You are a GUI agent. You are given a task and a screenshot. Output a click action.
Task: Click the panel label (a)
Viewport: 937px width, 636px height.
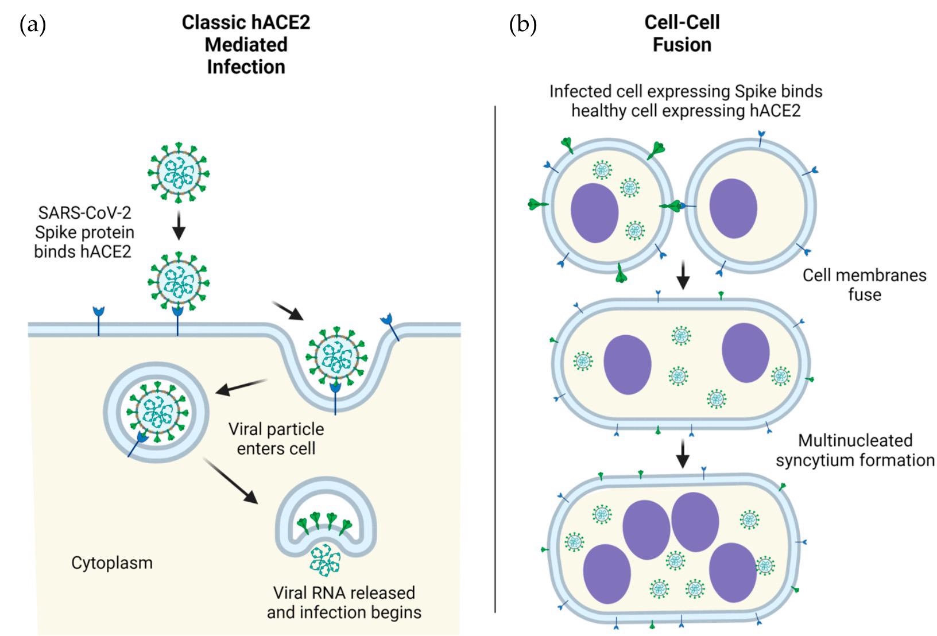click(32, 25)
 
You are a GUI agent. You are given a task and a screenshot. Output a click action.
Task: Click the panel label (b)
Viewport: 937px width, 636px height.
click(522, 25)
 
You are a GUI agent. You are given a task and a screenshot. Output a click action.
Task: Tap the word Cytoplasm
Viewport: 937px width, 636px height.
click(112, 563)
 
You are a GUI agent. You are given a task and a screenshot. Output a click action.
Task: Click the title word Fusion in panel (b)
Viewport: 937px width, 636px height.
click(682, 45)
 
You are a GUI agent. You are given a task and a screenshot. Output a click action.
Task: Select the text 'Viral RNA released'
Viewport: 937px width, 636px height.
click(343, 592)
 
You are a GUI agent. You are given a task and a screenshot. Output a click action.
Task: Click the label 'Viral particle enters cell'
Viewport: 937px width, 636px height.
click(276, 439)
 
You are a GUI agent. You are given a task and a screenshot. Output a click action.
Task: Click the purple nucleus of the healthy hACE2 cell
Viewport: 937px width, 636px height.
click(733, 208)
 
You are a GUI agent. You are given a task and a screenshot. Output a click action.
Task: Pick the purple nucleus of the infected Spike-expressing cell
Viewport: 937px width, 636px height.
click(594, 213)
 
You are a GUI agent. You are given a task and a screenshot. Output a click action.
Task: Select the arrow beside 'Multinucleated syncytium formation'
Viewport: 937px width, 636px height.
click(682, 454)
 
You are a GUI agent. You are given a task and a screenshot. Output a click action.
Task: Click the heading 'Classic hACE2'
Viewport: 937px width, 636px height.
click(246, 22)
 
